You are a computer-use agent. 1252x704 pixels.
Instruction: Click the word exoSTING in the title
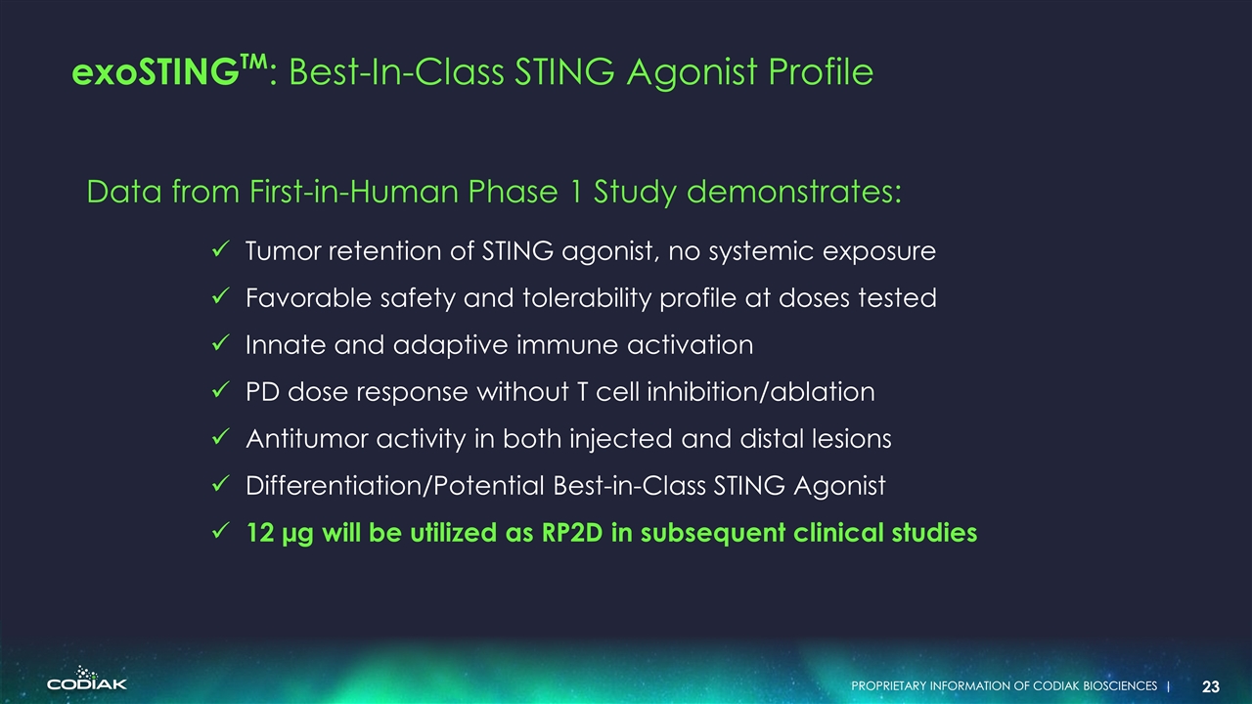pos(156,72)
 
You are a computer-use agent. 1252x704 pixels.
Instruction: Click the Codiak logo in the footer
pos(87,678)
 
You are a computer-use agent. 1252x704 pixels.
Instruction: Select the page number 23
pos(1211,686)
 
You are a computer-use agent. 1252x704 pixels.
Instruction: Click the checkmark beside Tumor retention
pos(221,249)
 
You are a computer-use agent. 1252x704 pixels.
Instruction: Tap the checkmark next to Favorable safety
pos(221,296)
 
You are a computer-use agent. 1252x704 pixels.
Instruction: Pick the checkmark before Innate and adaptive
pos(221,343)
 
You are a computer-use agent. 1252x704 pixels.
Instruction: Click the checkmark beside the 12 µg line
pos(221,531)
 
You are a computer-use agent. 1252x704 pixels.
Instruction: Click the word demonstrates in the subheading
pos(793,192)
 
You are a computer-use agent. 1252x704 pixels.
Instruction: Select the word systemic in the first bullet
pos(761,251)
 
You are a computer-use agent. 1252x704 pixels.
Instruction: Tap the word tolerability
pos(587,298)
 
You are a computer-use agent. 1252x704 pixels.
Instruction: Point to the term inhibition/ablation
pos(761,391)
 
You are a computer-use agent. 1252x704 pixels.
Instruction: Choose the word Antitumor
pos(307,439)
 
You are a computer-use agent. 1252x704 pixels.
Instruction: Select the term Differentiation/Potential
pos(395,485)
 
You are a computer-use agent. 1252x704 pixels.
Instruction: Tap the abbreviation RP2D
pos(572,533)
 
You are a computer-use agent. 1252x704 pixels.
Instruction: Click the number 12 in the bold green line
pos(260,533)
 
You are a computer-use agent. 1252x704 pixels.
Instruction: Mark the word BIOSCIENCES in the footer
pos(1120,686)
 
